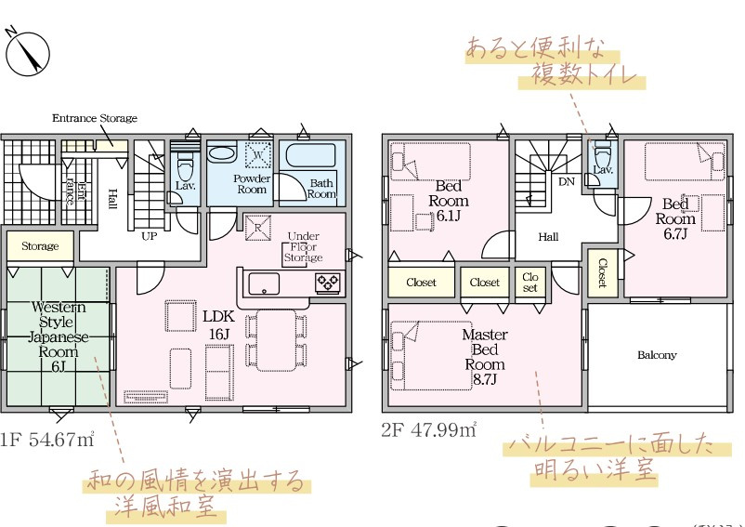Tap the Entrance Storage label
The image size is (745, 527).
click(x=94, y=118)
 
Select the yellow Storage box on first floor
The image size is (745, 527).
click(x=40, y=246)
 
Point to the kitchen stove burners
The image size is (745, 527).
click(x=328, y=282)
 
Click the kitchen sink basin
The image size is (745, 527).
click(x=263, y=283)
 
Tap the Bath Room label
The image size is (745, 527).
click(x=321, y=189)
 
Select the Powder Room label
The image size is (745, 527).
click(x=251, y=183)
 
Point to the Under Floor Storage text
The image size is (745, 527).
click(x=303, y=247)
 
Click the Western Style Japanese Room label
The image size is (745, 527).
click(x=59, y=336)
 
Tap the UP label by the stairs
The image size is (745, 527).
click(x=148, y=236)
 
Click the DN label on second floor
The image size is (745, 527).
click(x=566, y=181)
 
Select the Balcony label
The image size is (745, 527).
click(x=657, y=355)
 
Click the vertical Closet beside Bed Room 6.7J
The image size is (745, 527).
click(x=602, y=272)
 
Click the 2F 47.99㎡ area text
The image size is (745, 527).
click(x=428, y=429)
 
